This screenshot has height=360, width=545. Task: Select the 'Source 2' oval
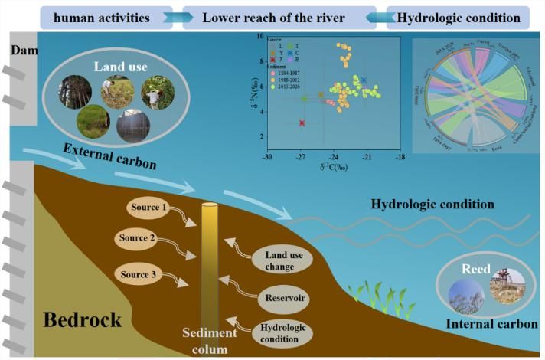point(137,239)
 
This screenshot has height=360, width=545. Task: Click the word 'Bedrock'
point(82,319)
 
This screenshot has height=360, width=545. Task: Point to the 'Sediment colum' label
point(209,341)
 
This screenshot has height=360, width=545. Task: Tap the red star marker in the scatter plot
point(302,123)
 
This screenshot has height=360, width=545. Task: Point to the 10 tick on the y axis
point(261,35)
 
